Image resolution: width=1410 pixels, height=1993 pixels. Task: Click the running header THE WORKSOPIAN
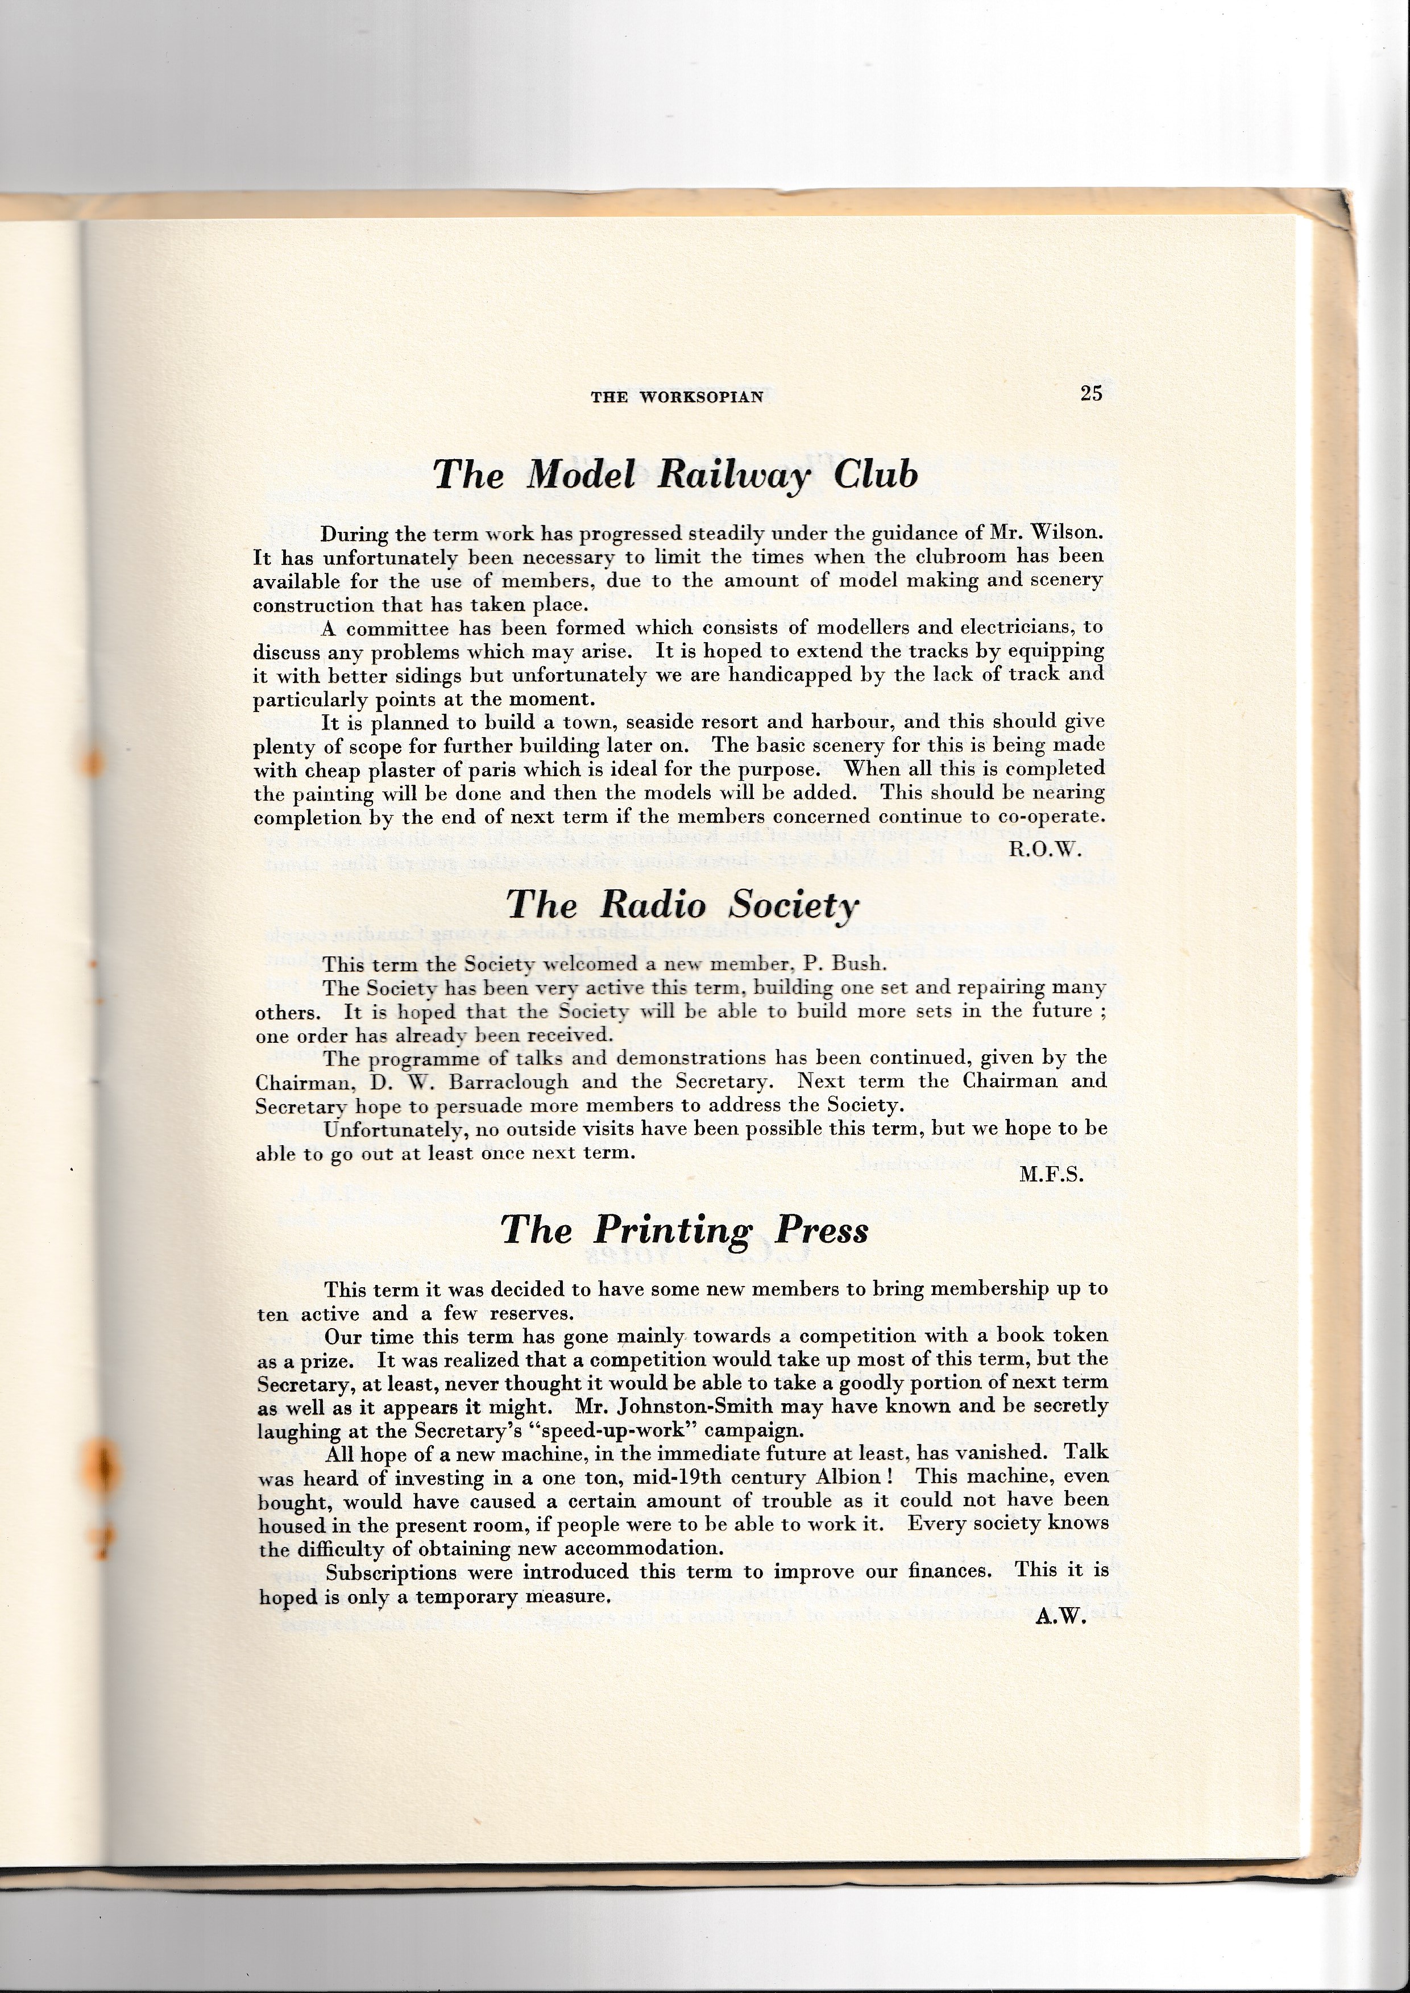[x=677, y=398]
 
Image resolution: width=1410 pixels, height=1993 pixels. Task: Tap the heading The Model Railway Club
[x=675, y=476]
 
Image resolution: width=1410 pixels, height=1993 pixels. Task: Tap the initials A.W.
[x=1061, y=1620]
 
